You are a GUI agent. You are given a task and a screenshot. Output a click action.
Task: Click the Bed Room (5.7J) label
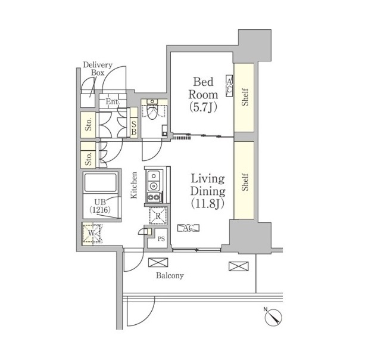[x=203, y=94]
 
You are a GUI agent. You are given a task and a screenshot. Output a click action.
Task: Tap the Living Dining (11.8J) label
[x=208, y=191]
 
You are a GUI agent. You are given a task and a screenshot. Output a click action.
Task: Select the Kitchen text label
[x=134, y=185]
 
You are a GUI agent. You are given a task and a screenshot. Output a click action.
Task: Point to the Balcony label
[x=170, y=275]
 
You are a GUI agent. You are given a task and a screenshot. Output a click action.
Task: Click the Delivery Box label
[x=98, y=69]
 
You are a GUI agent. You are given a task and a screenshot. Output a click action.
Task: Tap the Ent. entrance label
[x=113, y=101]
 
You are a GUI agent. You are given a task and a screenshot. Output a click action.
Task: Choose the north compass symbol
[x=273, y=316]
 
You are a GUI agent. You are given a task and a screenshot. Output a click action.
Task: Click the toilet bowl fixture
[x=152, y=111]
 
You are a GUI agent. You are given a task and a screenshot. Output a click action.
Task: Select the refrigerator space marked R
[x=158, y=216]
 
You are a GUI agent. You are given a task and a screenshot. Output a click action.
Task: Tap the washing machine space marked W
[x=92, y=233]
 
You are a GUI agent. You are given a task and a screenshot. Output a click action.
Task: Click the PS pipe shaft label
[x=161, y=239]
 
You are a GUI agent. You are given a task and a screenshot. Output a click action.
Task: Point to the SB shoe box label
[x=134, y=128]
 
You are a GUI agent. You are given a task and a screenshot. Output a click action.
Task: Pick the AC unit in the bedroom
[x=229, y=86]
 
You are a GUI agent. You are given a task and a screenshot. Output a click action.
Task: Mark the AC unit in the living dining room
[x=188, y=228]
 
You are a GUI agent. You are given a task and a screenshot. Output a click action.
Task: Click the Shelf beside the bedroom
[x=244, y=98]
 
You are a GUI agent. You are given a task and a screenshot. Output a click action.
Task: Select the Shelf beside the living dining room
[x=244, y=181]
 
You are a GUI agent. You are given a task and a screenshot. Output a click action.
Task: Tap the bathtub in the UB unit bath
[x=101, y=182]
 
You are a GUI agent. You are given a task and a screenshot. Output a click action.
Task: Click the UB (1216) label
[x=100, y=206]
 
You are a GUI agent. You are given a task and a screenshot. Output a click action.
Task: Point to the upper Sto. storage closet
[x=88, y=125]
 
